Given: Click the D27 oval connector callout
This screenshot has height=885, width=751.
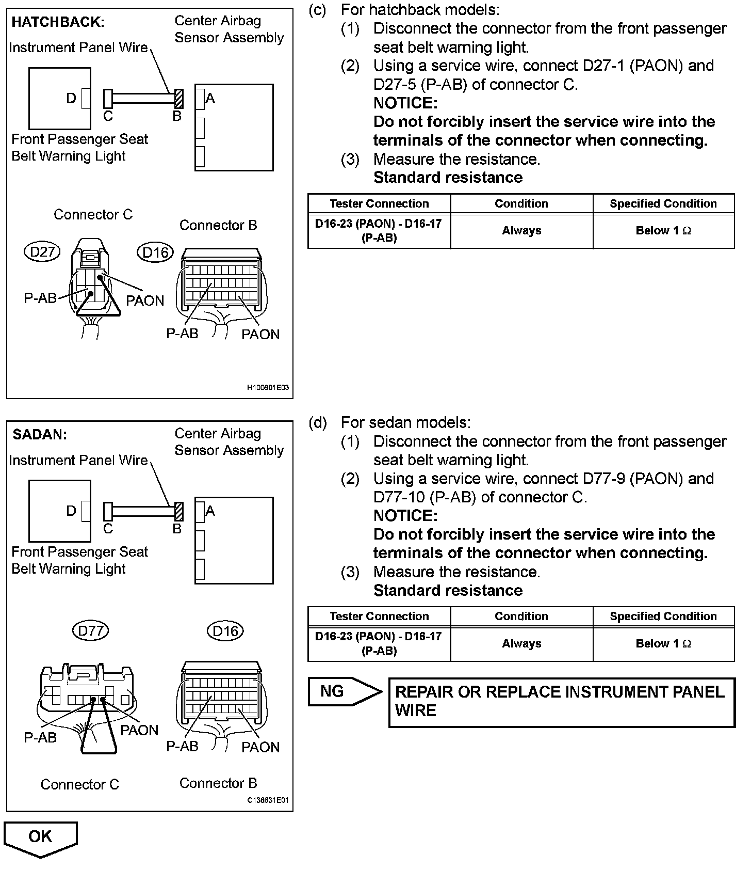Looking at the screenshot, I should tap(42, 252).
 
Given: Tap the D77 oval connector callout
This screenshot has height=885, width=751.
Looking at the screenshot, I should tap(90, 630).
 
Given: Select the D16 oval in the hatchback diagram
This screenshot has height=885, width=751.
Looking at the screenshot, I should tap(155, 252).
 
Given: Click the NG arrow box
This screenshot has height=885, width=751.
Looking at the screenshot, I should tap(344, 691).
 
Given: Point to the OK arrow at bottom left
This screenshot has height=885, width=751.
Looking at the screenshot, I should tap(40, 838).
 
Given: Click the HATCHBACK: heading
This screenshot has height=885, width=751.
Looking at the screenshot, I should tap(58, 22).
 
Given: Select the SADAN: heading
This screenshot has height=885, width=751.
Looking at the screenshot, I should tap(40, 435).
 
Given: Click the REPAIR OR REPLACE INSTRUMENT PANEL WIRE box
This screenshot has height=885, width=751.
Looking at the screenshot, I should tap(561, 702).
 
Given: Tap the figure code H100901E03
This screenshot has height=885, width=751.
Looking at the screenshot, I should tap(268, 387).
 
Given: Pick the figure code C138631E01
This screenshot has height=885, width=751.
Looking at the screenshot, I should tap(268, 800).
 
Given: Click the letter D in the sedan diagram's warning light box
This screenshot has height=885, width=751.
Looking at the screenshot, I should tap(71, 511).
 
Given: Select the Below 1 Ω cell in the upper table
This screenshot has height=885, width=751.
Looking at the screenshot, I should tap(663, 231).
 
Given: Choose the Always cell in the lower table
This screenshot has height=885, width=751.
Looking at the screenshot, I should tap(521, 644).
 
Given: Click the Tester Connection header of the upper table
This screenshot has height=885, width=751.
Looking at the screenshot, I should tap(379, 203).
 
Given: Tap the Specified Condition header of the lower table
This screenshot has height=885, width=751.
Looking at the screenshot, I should tap(663, 617).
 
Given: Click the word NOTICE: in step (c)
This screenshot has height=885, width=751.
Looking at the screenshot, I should tap(405, 103).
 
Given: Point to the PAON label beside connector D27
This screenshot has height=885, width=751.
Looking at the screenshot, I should tap(145, 301).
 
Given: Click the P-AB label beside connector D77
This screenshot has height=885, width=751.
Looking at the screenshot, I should tap(40, 738).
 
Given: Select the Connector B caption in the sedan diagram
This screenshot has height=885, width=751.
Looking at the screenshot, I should tap(218, 783).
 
